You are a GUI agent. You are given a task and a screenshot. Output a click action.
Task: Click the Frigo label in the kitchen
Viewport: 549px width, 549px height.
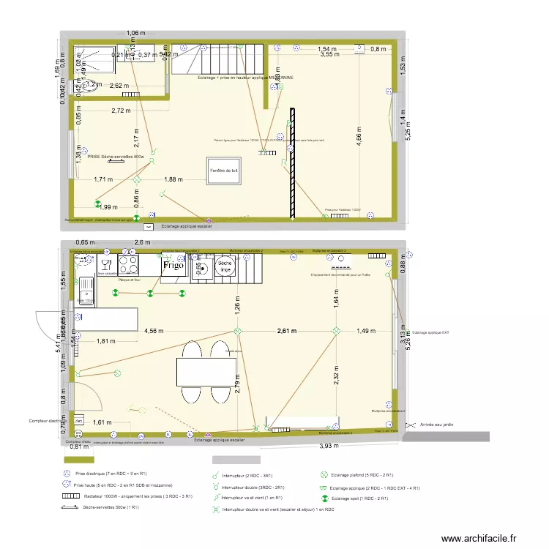(173, 266)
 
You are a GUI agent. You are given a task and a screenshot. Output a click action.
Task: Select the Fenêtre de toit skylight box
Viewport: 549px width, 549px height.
(224, 171)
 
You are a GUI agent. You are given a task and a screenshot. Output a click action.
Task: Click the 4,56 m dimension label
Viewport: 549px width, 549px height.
(154, 331)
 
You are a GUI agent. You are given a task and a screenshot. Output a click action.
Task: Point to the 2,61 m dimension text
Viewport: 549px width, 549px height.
(287, 331)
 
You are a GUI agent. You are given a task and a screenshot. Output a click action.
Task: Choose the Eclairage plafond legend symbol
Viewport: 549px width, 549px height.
(324, 475)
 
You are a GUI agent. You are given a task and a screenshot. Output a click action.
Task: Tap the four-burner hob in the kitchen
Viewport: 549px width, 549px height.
(129, 264)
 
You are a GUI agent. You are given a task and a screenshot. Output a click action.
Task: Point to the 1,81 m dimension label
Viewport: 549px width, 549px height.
(106, 340)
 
